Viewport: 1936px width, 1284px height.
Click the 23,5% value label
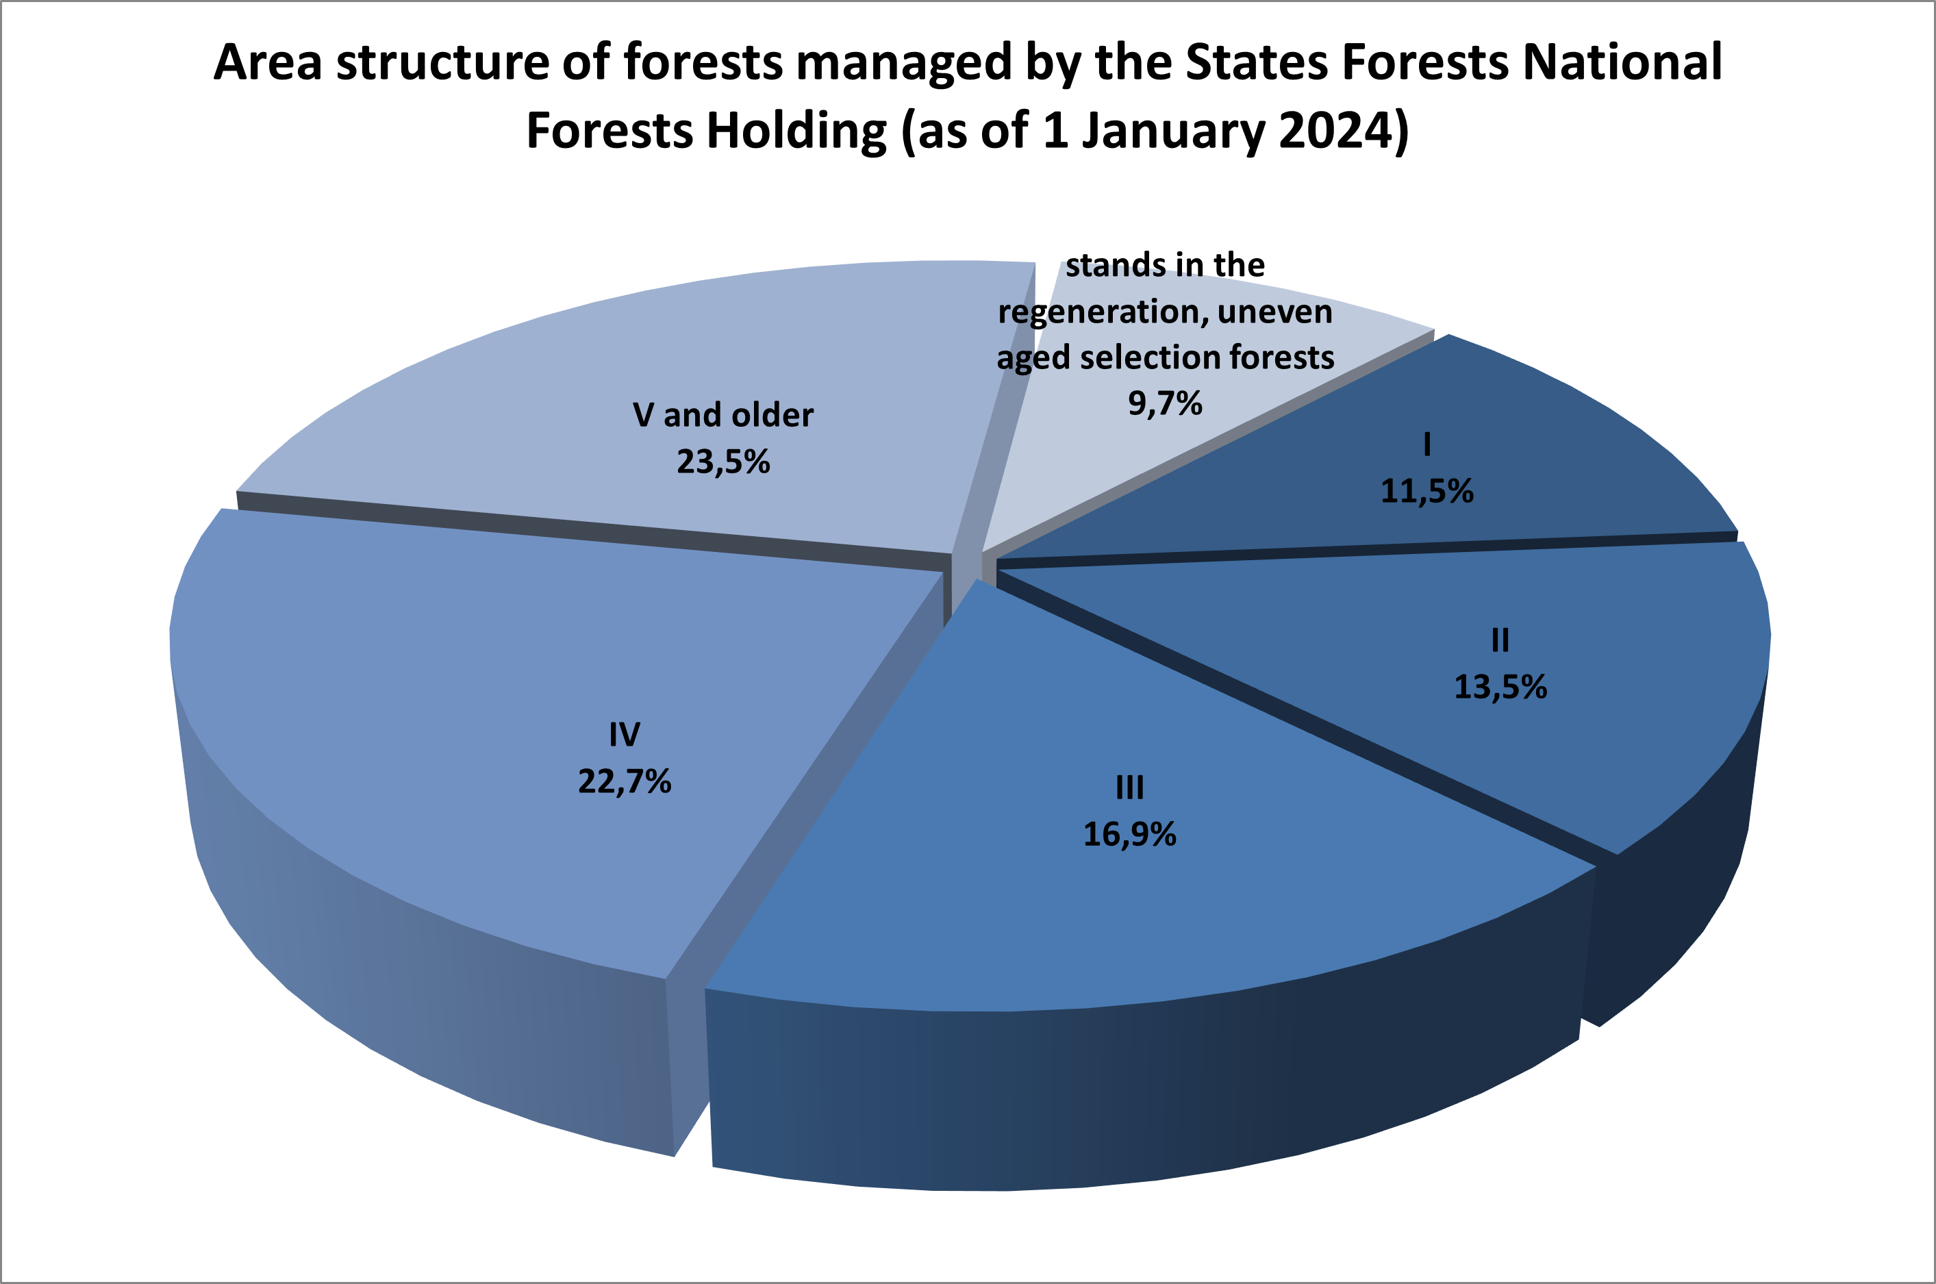pyautogui.click(x=723, y=462)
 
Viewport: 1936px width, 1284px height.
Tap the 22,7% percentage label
pyautogui.click(x=625, y=781)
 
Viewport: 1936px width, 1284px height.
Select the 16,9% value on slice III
pyautogui.click(x=1129, y=835)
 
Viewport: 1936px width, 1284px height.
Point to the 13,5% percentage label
pyautogui.click(x=1500, y=686)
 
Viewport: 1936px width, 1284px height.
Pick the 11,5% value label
pyautogui.click(x=1427, y=491)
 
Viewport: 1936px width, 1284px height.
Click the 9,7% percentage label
pyautogui.click(x=1166, y=403)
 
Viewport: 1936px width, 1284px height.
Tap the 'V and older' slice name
pyautogui.click(x=723, y=415)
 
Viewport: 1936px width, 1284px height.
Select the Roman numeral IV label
pyautogui.click(x=624, y=735)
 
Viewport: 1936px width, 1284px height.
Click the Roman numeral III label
pyautogui.click(x=1130, y=788)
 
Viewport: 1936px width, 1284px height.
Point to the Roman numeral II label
pyautogui.click(x=1500, y=640)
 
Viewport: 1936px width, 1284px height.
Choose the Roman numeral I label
pyautogui.click(x=1427, y=444)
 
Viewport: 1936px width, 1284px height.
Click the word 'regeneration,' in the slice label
pyautogui.click(x=1101, y=313)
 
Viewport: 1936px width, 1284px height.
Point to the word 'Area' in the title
pyautogui.click(x=268, y=62)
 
